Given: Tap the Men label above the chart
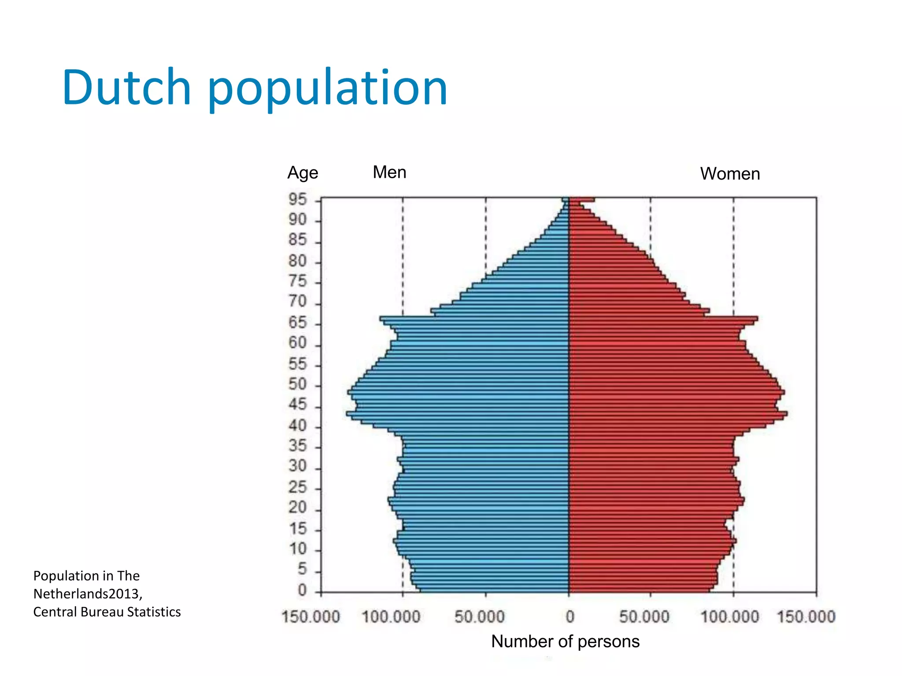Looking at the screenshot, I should [389, 172].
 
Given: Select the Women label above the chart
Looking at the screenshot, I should [730, 173].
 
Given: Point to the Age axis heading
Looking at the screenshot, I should [303, 173].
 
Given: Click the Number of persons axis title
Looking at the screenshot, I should [565, 641].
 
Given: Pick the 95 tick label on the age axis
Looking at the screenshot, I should [297, 199].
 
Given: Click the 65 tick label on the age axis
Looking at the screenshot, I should [297, 323].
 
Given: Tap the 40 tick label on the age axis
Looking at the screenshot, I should [297, 426].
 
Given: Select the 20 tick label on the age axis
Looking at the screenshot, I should [297, 507].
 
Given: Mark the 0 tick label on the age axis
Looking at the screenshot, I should [302, 590].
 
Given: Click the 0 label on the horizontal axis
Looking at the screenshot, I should [570, 617].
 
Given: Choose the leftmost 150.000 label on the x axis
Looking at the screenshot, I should [311, 617].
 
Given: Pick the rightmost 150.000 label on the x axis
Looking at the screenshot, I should [806, 617].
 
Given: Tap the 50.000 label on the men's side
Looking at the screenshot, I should [479, 617].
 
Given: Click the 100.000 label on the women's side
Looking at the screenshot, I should [730, 617].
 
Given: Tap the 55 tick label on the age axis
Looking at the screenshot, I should [297, 364].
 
